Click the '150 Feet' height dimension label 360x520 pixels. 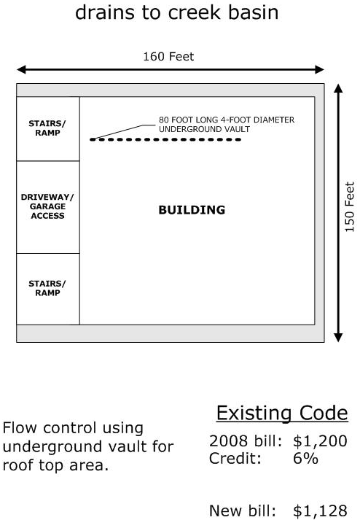coord(350,207)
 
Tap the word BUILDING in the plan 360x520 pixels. coord(192,210)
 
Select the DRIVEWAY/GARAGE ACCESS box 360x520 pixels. coord(48,207)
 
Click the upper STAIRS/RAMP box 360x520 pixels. coord(48,128)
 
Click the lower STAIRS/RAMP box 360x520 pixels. coord(48,289)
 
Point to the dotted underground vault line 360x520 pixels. coord(165,139)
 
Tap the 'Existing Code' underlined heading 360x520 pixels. coord(281,414)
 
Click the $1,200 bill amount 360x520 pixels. coord(320,441)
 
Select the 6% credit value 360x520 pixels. coord(305,459)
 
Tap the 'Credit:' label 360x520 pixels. coord(234,459)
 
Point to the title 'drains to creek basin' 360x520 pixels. coord(177,12)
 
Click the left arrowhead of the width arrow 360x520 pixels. coord(21,69)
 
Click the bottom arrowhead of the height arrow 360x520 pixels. coord(337,336)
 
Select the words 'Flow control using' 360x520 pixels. coord(73,428)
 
